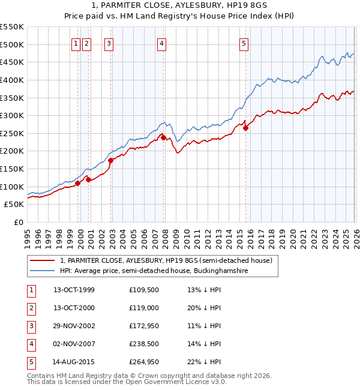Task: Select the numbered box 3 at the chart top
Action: pos(109,43)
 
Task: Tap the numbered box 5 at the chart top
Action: pos(244,43)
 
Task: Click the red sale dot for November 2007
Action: pos(163,137)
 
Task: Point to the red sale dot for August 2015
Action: pos(245,128)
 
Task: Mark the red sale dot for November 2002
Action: pos(110,161)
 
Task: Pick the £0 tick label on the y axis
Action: pos(19,222)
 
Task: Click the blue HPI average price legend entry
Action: pos(154,271)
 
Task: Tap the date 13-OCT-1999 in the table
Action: pos(74,290)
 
